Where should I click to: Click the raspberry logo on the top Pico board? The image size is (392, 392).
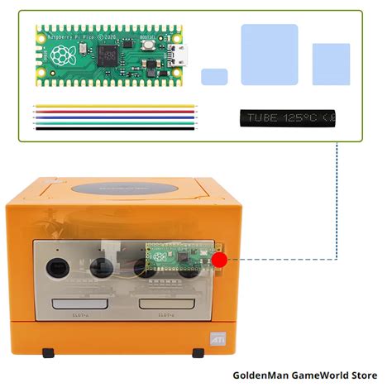tap(62, 55)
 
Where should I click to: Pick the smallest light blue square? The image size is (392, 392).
tap(214, 77)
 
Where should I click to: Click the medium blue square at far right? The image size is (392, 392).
tap(330, 63)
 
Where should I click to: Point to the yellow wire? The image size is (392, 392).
tap(116, 106)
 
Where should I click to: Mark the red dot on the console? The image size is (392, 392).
tap(219, 261)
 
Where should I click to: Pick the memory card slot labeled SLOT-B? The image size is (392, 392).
tap(167, 304)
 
